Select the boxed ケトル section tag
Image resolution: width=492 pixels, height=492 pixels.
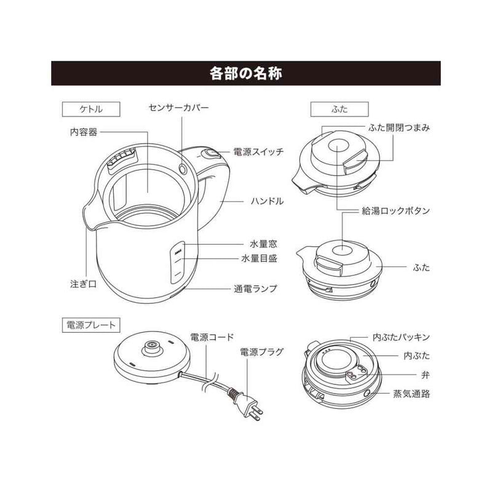click(x=82, y=108)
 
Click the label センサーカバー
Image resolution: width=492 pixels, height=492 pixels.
click(x=179, y=107)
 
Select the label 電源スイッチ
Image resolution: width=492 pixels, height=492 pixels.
click(x=258, y=151)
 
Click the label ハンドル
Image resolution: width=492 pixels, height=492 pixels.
click(x=265, y=200)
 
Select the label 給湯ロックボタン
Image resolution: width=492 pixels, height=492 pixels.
click(x=395, y=211)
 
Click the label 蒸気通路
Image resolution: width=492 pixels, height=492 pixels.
click(x=411, y=394)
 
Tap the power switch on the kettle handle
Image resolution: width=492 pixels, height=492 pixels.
click(x=211, y=154)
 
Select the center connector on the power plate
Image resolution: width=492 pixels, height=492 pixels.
click(x=149, y=348)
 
